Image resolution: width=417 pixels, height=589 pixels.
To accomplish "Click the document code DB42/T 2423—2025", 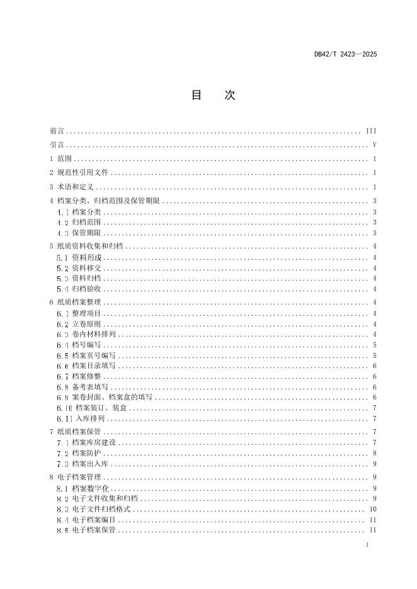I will click(345, 54).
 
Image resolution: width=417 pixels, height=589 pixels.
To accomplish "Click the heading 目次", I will click(213, 96).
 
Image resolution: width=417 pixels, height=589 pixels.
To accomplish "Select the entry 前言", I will click(57, 132).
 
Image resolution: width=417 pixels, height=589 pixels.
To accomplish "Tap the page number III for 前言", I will click(371, 132).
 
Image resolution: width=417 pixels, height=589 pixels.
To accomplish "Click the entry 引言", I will click(57, 145).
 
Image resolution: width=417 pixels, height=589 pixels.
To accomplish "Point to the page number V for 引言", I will click(374, 145).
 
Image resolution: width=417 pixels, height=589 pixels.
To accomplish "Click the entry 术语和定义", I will click(74, 187).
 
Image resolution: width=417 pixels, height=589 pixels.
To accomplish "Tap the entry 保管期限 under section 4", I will click(86, 233).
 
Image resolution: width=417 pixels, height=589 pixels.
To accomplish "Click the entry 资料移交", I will click(86, 268).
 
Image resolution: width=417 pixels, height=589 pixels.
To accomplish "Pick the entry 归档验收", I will click(86, 289).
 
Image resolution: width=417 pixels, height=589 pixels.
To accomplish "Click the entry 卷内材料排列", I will click(93, 335).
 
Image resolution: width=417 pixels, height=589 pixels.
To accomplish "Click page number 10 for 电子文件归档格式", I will click(373, 509).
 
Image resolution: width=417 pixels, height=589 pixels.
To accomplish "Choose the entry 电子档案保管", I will click(93, 530).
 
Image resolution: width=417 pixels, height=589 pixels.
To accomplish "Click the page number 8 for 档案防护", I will click(374, 453).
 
